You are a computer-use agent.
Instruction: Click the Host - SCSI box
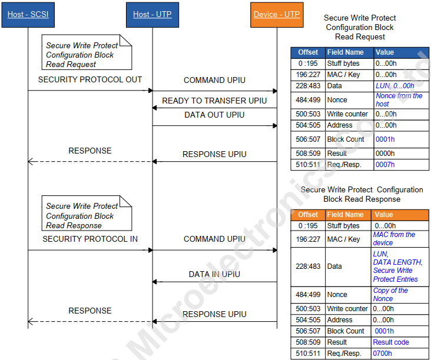point(28,15)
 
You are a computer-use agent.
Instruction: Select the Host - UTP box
point(152,15)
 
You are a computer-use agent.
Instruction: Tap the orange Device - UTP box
point(277,15)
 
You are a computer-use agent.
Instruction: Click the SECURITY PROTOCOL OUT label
point(90,79)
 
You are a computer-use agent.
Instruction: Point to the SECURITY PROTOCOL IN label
point(90,239)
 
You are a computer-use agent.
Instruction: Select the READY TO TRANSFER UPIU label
point(214,101)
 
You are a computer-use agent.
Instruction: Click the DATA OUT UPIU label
point(214,115)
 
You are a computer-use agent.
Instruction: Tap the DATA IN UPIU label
point(214,274)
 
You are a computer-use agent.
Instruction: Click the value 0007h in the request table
point(385,165)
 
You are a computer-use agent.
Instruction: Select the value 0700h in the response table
point(382,354)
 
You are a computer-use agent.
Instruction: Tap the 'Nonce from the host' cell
point(399,100)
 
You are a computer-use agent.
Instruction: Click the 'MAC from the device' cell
point(394,239)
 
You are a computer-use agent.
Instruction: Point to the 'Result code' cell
point(391,342)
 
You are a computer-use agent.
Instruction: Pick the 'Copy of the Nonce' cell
point(390,295)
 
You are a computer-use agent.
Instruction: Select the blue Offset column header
point(308,52)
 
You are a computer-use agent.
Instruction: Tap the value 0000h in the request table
point(385,154)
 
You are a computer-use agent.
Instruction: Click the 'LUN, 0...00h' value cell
point(394,86)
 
